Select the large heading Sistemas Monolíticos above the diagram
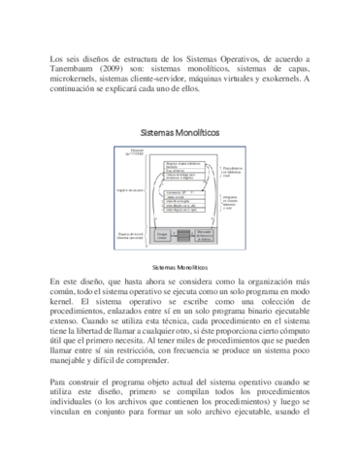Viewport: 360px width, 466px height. (x=180, y=130)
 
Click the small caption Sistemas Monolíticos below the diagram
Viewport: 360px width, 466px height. (x=180, y=266)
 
